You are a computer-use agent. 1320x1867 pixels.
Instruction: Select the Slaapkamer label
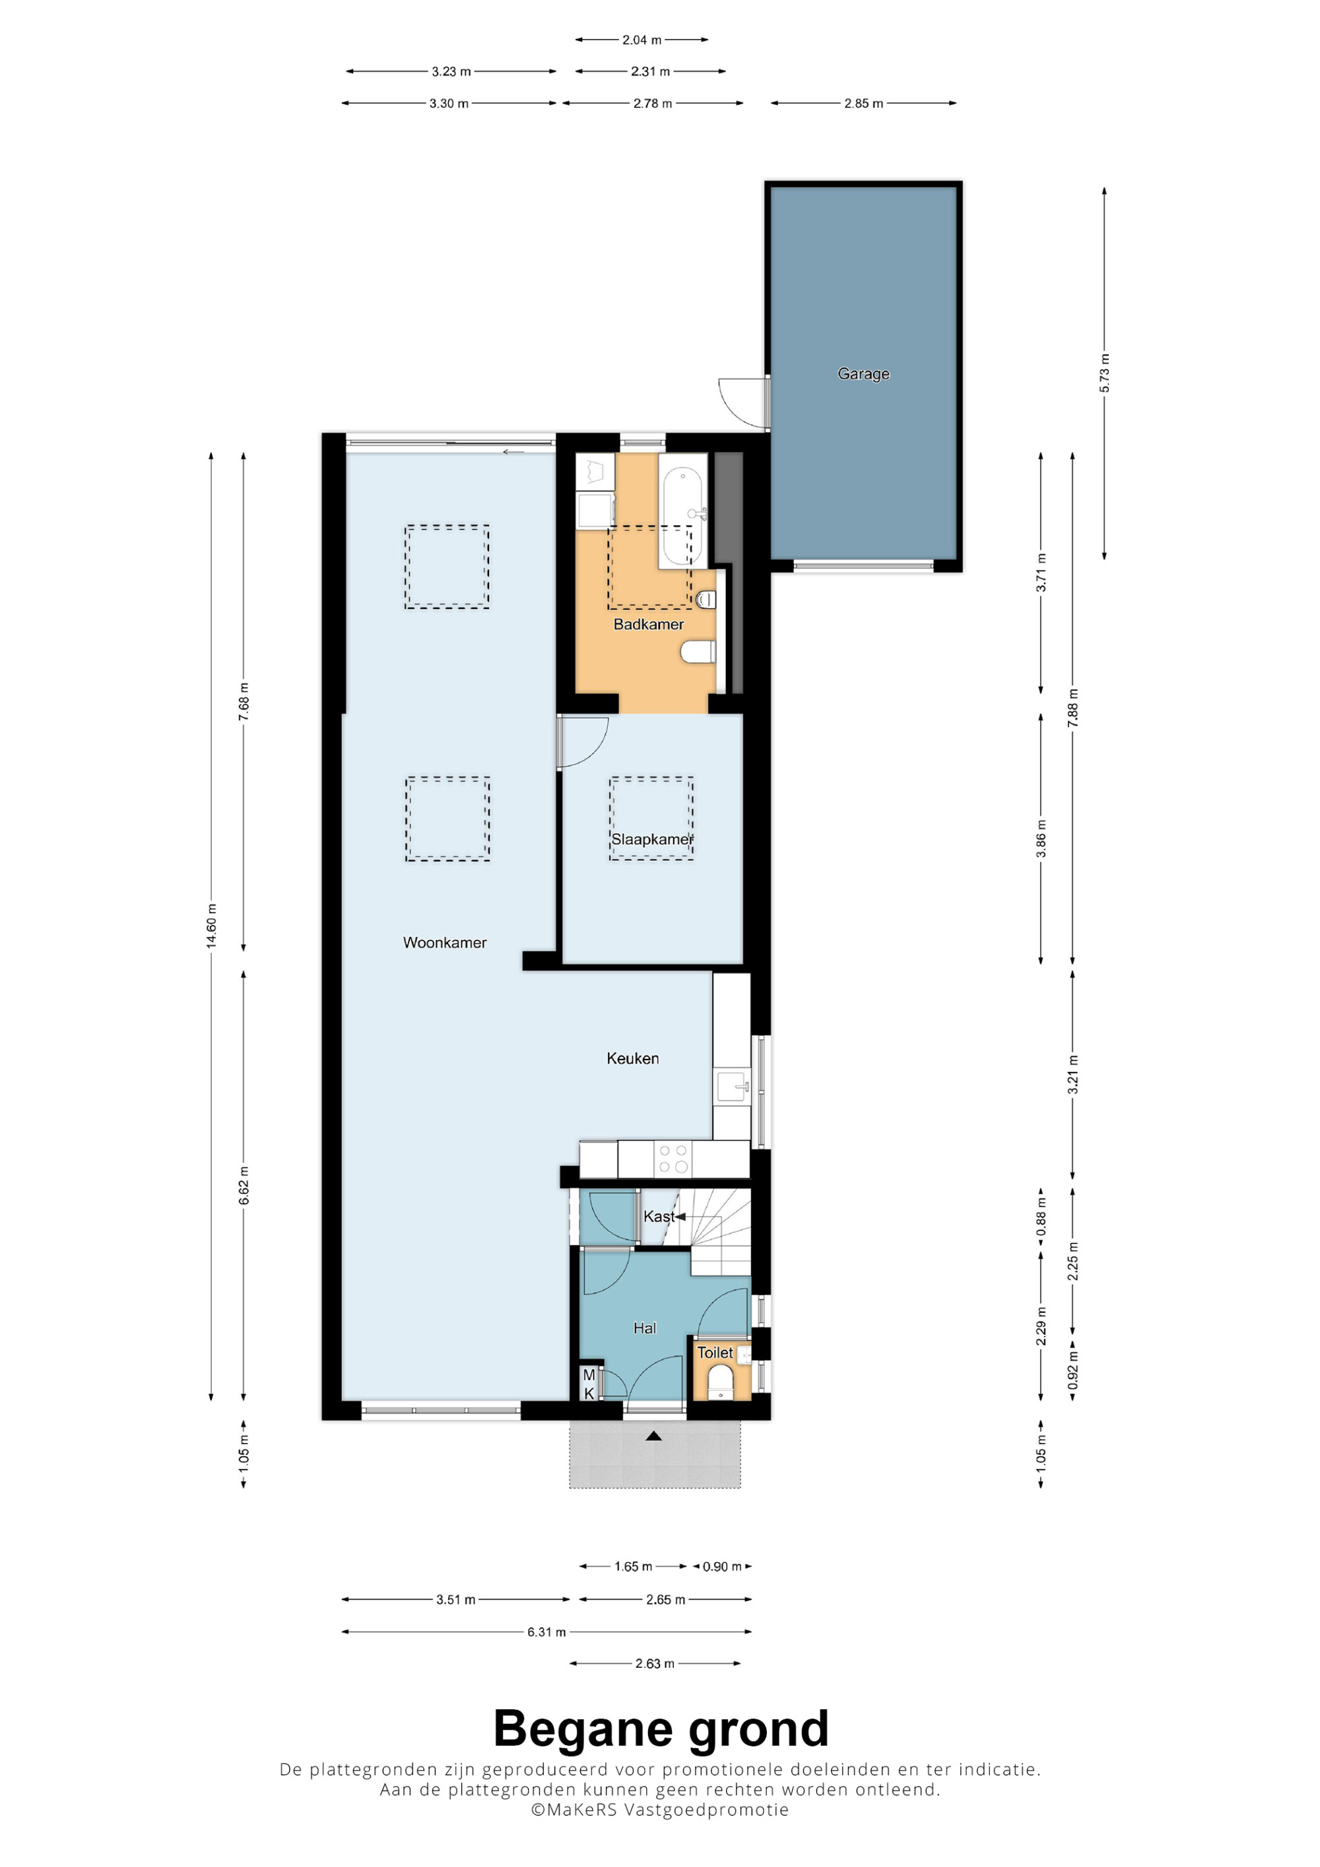(x=652, y=839)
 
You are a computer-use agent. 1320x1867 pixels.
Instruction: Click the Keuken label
(x=633, y=1058)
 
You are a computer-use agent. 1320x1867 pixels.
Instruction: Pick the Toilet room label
(x=715, y=1352)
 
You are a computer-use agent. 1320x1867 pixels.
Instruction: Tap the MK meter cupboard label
(x=589, y=1383)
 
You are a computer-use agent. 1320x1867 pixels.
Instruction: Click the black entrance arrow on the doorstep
(x=653, y=1436)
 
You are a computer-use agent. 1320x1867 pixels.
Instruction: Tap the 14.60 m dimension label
(x=211, y=926)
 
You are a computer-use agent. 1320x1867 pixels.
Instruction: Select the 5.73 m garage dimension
(x=1104, y=373)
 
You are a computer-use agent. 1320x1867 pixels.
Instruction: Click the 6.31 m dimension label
(x=546, y=1631)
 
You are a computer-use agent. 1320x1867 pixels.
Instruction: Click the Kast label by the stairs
(x=659, y=1216)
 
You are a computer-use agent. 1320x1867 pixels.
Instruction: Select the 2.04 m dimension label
(x=642, y=39)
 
